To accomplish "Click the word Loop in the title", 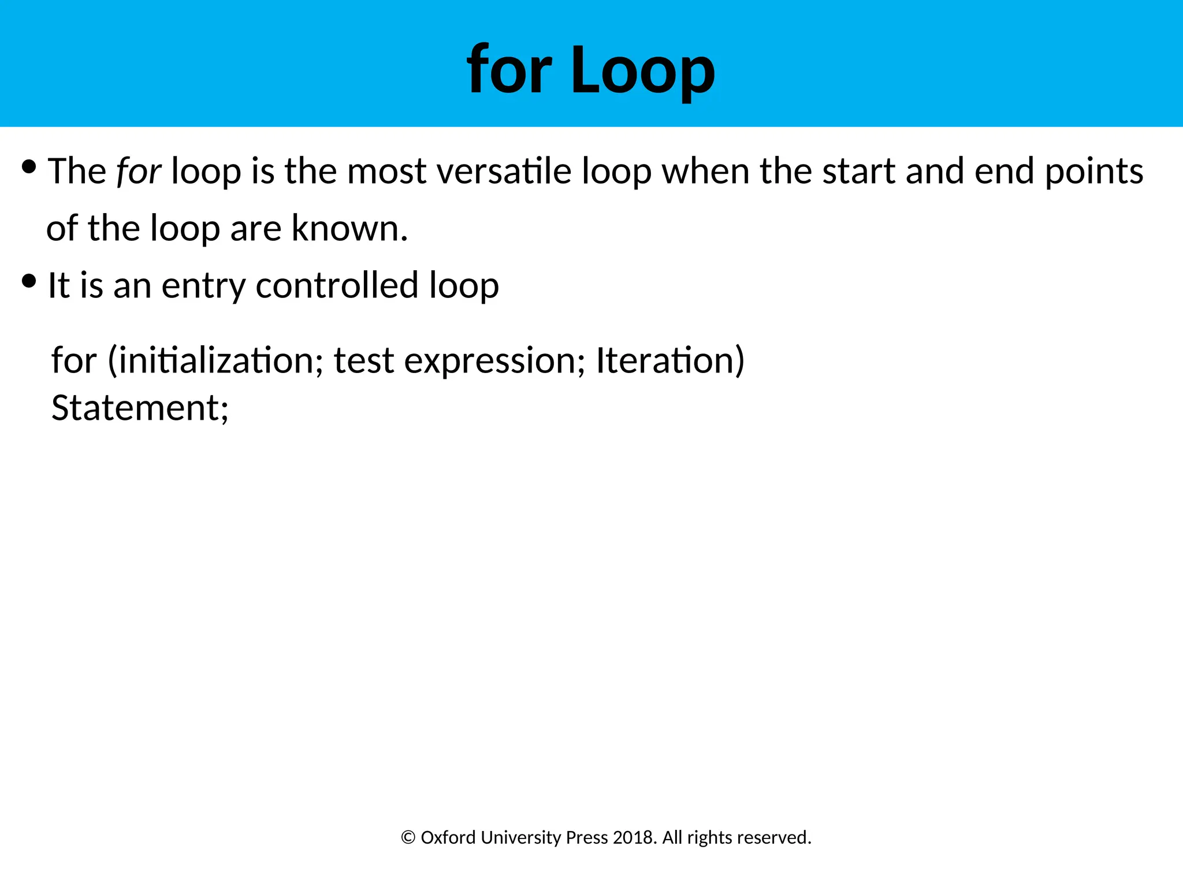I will coord(643,70).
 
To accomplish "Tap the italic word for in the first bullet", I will coord(139,172).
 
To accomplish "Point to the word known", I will coord(349,228).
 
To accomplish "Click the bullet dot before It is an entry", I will coord(29,282).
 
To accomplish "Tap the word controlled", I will coord(337,285).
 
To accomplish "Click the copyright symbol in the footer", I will coord(408,838).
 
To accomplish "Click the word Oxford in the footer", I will coord(448,837).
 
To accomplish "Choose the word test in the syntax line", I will coord(363,360).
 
